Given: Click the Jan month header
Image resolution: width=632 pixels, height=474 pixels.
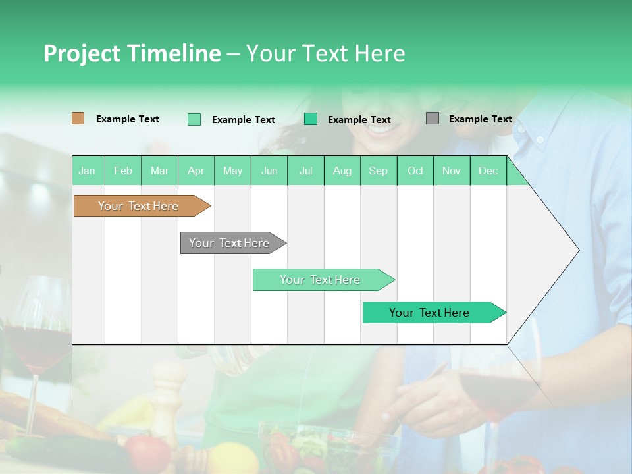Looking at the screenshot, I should [87, 171].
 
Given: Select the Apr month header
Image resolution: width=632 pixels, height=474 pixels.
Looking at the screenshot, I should [196, 171].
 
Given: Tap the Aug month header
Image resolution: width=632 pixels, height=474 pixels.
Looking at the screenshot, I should [342, 171].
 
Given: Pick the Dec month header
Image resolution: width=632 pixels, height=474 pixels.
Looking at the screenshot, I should [488, 171].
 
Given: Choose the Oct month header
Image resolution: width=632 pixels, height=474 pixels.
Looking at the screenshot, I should [415, 171].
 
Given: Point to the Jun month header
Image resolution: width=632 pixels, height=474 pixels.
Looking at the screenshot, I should [269, 171].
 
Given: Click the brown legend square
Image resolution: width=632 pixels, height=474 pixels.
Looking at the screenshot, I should [78, 118].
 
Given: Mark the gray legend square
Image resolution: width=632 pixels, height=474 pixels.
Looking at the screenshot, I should [432, 118].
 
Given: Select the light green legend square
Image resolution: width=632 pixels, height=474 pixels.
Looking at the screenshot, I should [194, 119].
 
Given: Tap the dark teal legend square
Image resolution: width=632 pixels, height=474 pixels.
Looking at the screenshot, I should [311, 119].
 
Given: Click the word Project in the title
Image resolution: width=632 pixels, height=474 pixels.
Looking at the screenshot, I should [82, 53].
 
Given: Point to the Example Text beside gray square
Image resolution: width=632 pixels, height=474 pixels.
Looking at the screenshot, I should [480, 119].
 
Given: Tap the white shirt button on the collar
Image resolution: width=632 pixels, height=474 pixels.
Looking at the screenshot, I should [539, 140].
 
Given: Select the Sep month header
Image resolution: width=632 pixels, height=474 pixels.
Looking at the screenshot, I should [378, 171].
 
